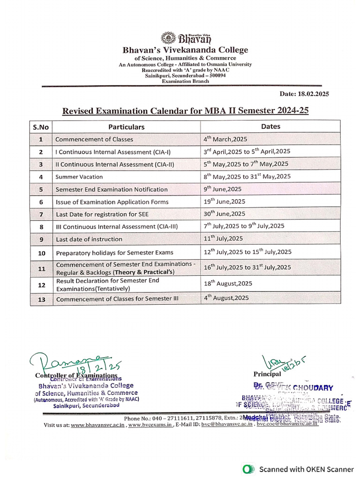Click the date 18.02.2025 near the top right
[x=304, y=94]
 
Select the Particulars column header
[x=127, y=127]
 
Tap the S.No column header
[x=41, y=127]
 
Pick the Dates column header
[x=270, y=127]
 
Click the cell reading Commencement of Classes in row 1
[x=94, y=139]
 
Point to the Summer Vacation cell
[x=79, y=177]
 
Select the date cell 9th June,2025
[x=222, y=189]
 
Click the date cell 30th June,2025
[x=224, y=214]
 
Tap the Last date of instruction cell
[x=89, y=239]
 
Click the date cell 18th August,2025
[x=228, y=283]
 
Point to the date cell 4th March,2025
[x=225, y=139]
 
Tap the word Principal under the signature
[x=267, y=374]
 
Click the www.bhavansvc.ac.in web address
[x=97, y=425]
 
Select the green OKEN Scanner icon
[x=248, y=469]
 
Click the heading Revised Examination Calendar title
[x=186, y=111]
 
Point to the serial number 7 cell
[x=41, y=214]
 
